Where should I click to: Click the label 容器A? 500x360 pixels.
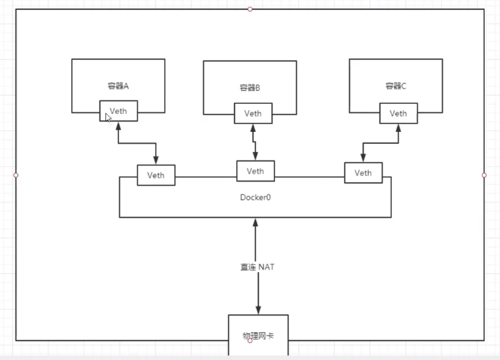pyautogui.click(x=118, y=86)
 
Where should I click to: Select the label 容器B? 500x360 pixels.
pyautogui.click(x=249, y=88)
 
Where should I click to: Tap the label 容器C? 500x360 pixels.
pyautogui.click(x=395, y=86)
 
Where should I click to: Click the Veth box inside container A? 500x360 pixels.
pyautogui.click(x=118, y=111)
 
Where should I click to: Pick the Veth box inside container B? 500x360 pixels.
pyautogui.click(x=253, y=113)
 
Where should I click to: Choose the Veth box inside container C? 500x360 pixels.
pyautogui.click(x=398, y=113)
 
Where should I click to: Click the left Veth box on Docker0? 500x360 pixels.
pyautogui.click(x=156, y=175)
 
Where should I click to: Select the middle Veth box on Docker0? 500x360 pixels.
pyautogui.click(x=256, y=171)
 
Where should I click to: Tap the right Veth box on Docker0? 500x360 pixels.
pyautogui.click(x=363, y=173)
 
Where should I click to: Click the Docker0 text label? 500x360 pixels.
pyautogui.click(x=255, y=197)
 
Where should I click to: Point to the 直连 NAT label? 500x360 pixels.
pyautogui.click(x=258, y=267)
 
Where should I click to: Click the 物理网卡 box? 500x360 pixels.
pyautogui.click(x=258, y=336)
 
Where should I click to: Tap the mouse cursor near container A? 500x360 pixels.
pyautogui.click(x=108, y=117)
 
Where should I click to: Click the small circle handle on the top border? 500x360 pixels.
pyautogui.click(x=250, y=9)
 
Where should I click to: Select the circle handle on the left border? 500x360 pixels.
pyautogui.click(x=15, y=175)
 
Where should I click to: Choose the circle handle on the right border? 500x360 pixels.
pyautogui.click(x=484, y=175)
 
